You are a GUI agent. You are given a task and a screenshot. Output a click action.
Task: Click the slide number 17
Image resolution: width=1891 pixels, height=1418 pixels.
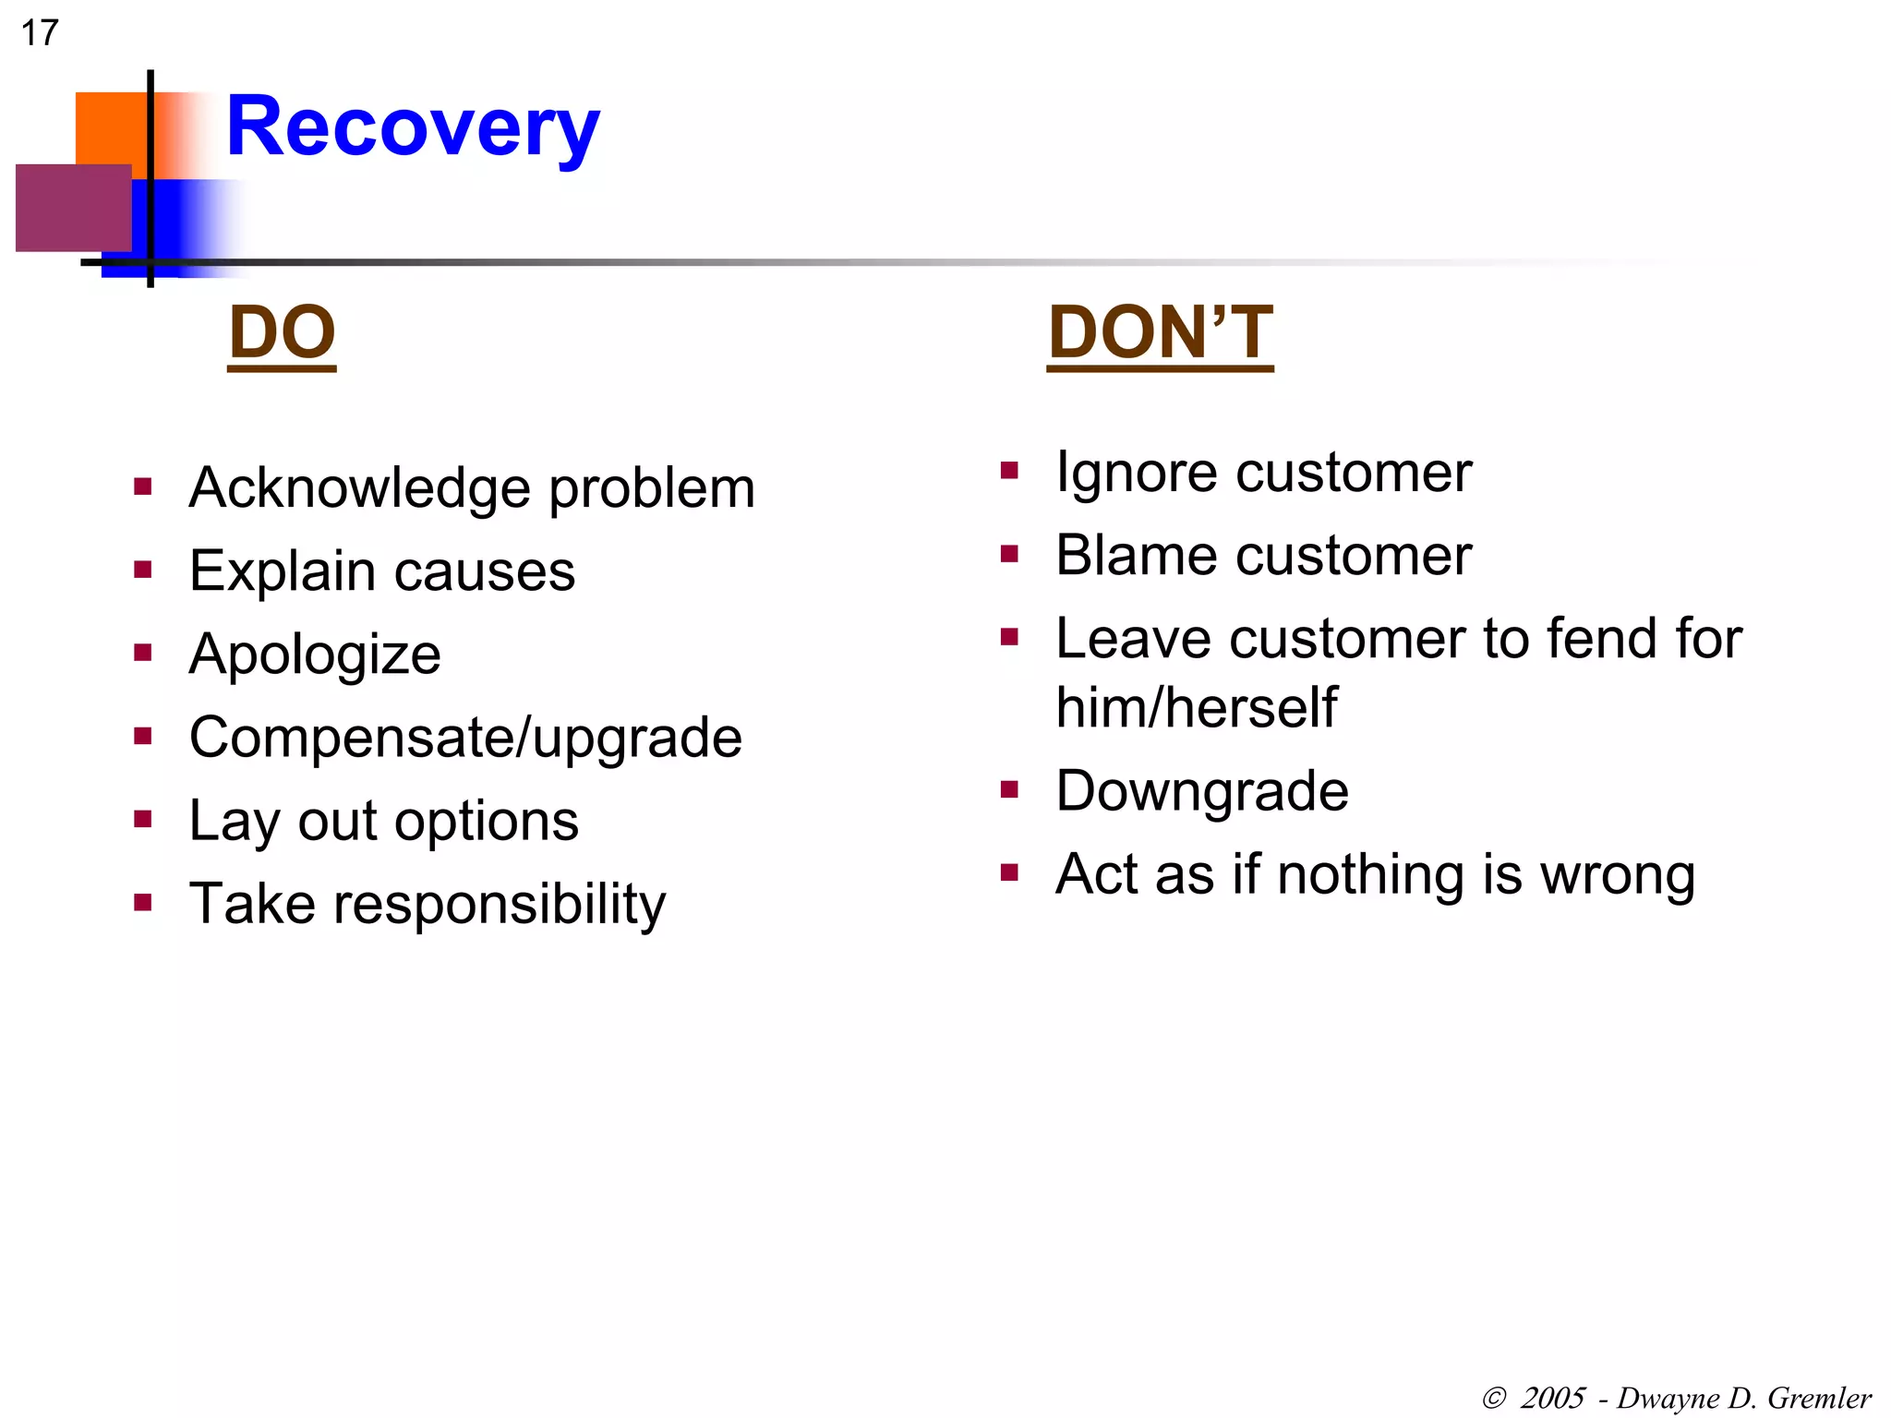(40, 33)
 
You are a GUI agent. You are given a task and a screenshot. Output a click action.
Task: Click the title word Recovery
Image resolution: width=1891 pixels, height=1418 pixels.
(413, 127)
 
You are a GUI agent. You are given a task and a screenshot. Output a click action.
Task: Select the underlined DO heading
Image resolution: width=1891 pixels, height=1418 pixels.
(282, 333)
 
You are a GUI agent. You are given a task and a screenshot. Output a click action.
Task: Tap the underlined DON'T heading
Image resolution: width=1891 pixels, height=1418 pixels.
(1160, 333)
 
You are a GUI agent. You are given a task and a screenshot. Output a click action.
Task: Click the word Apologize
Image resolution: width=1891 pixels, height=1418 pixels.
(314, 655)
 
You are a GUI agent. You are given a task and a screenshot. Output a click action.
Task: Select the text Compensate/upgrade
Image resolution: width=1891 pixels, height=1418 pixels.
(465, 738)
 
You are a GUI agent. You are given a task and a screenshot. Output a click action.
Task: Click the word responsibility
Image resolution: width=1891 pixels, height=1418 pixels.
(499, 905)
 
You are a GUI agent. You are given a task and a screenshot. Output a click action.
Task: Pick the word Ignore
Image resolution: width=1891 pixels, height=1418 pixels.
(1137, 474)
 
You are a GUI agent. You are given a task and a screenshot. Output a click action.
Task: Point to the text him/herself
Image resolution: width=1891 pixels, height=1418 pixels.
(1196, 708)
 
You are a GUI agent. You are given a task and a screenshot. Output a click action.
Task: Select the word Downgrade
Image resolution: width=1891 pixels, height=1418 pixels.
(1201, 792)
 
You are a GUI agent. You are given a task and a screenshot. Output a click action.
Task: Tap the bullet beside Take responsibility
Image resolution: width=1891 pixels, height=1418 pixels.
(142, 902)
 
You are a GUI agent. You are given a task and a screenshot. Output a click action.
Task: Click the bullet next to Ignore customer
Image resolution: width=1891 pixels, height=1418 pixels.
(1009, 472)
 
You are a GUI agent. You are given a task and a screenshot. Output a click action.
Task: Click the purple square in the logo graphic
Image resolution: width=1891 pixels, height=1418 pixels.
(73, 208)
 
